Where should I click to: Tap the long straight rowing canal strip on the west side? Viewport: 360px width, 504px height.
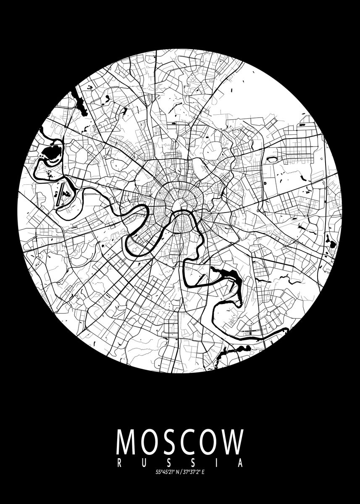point(62,194)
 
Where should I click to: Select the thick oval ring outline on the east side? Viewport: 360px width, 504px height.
point(273,159)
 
